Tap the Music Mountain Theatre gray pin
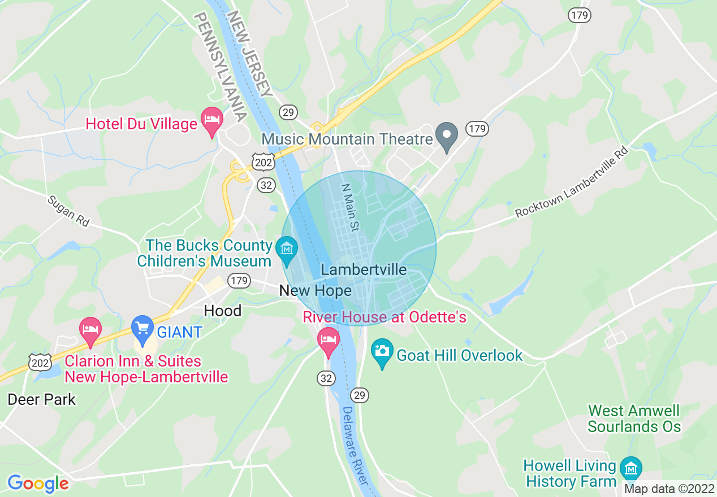(447, 136)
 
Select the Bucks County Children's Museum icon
(287, 250)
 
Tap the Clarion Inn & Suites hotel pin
(90, 330)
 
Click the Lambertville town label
(364, 270)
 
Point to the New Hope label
(315, 291)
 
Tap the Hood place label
(222, 311)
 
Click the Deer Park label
(41, 399)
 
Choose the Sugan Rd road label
(68, 211)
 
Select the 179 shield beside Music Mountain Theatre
(477, 129)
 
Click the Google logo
(38, 483)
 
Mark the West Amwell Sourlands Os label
(634, 418)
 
